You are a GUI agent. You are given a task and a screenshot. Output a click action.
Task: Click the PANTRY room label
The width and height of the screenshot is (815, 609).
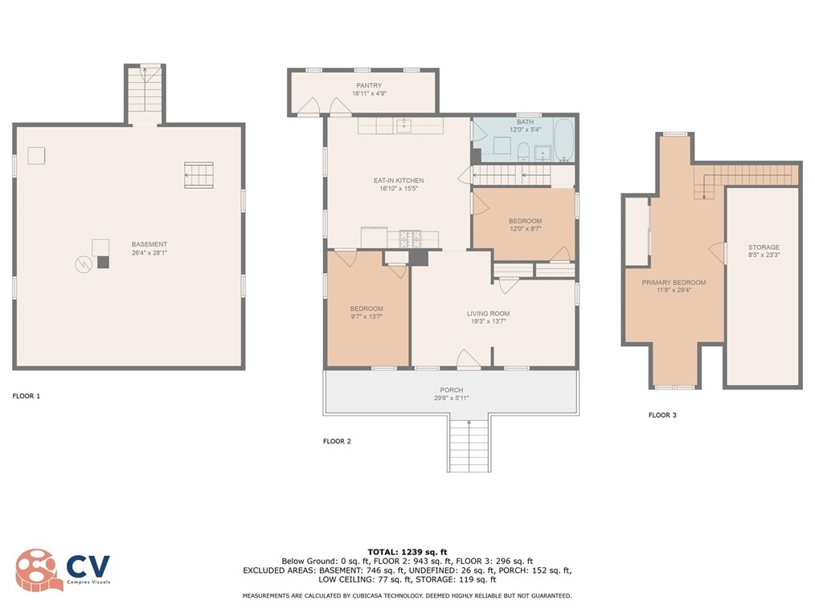pyautogui.click(x=369, y=85)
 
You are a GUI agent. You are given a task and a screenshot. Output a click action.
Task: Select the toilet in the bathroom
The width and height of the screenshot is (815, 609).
pyautogui.click(x=523, y=151)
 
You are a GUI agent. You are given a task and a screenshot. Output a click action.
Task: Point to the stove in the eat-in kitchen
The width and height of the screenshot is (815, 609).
pyautogui.click(x=410, y=239)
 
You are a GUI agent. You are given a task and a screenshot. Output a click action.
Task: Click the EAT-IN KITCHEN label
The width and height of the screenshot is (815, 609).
pyautogui.click(x=399, y=180)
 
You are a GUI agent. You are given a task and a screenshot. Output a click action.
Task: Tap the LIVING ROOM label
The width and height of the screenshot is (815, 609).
pyautogui.click(x=488, y=313)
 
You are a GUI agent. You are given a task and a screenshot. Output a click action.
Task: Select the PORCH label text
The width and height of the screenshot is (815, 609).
pyautogui.click(x=451, y=390)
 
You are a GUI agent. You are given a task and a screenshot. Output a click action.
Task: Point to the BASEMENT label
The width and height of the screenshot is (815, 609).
pyautogui.click(x=149, y=244)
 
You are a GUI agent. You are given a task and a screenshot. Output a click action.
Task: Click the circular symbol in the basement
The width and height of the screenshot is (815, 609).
pyautogui.click(x=84, y=264)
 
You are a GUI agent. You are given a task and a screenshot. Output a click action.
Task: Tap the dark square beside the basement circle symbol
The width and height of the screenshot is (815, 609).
pyautogui.click(x=104, y=263)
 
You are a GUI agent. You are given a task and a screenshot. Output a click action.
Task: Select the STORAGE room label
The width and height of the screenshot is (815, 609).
pyautogui.click(x=764, y=247)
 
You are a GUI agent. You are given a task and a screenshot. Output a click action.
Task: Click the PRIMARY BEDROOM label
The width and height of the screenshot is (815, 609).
pyautogui.click(x=674, y=283)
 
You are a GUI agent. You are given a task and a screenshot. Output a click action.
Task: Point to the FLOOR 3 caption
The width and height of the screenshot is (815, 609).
pyautogui.click(x=663, y=415)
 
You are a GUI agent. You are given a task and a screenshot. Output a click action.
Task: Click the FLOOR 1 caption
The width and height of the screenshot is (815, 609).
pyautogui.click(x=26, y=396)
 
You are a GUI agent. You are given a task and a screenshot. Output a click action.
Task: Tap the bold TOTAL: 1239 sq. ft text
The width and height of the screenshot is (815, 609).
pyautogui.click(x=407, y=552)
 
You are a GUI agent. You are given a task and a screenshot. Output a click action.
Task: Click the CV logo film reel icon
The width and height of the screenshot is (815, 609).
pyautogui.click(x=35, y=570)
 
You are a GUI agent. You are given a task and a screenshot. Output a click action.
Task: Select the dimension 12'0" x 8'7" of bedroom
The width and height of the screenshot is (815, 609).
pyautogui.click(x=525, y=229)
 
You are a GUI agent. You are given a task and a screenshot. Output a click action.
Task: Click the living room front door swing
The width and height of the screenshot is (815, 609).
pyautogui.click(x=469, y=359)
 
